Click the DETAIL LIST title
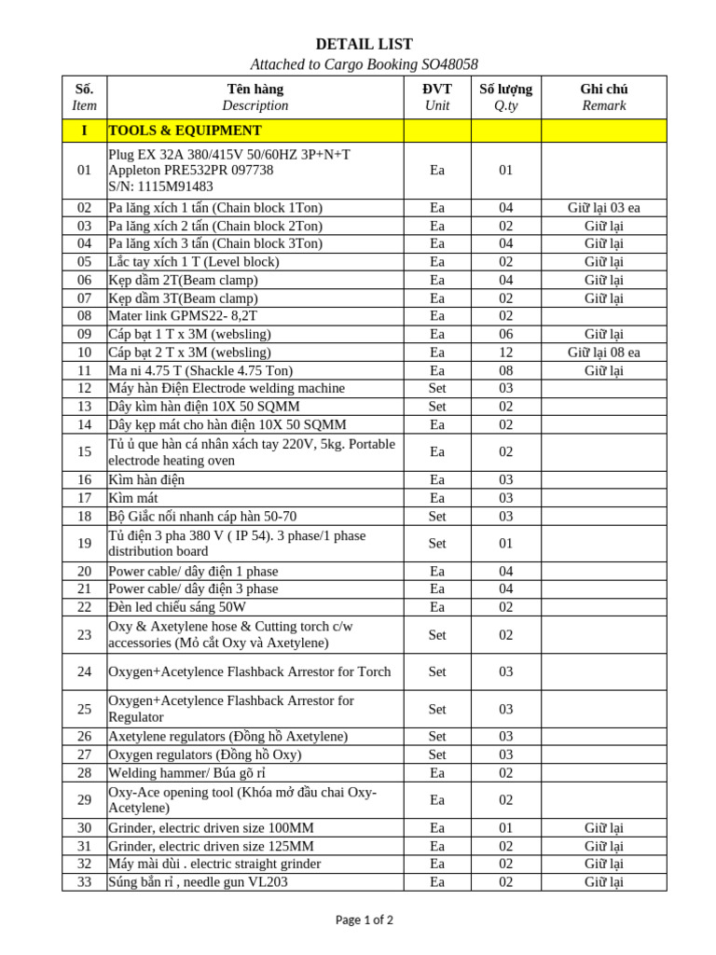(364, 44)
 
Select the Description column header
(255, 105)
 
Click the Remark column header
(603, 105)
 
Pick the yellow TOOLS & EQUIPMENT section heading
(186, 131)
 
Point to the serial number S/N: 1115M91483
(161, 187)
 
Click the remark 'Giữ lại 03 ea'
(603, 208)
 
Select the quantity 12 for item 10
(505, 353)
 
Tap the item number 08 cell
(84, 316)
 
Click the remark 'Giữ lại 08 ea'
(603, 353)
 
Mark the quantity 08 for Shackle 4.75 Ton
(505, 370)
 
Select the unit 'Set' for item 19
(437, 543)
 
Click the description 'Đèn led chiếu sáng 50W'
(177, 607)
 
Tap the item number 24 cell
(84, 671)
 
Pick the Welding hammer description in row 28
(186, 773)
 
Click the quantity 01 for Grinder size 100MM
(505, 828)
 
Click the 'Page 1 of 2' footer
(364, 920)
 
